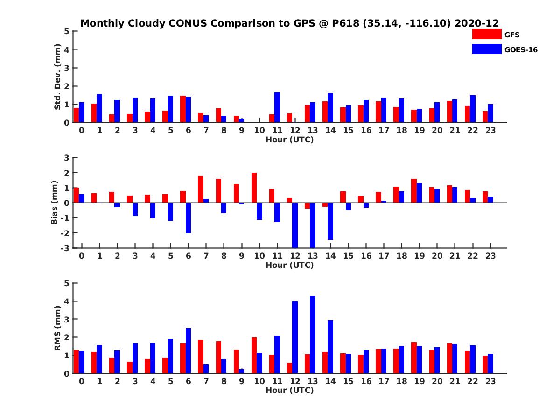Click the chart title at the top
[x=289, y=23]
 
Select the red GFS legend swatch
[x=487, y=34]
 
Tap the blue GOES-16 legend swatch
[x=487, y=49]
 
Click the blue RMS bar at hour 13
[x=313, y=335]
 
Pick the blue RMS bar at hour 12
[x=295, y=337]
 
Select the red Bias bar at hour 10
[x=254, y=188]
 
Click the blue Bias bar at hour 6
[x=188, y=218]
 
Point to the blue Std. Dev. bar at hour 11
[x=277, y=107]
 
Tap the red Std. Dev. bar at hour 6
[x=183, y=109]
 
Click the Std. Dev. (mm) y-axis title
[x=58, y=77]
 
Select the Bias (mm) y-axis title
[x=55, y=203]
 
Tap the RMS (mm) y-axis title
[x=58, y=328]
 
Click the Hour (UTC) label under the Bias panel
[x=289, y=265]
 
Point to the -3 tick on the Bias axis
[x=66, y=248]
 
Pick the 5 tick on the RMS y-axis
[x=67, y=283]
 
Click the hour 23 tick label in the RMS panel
[x=490, y=381]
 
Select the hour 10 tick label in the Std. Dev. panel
[x=259, y=130]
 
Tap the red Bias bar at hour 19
[x=414, y=190]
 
